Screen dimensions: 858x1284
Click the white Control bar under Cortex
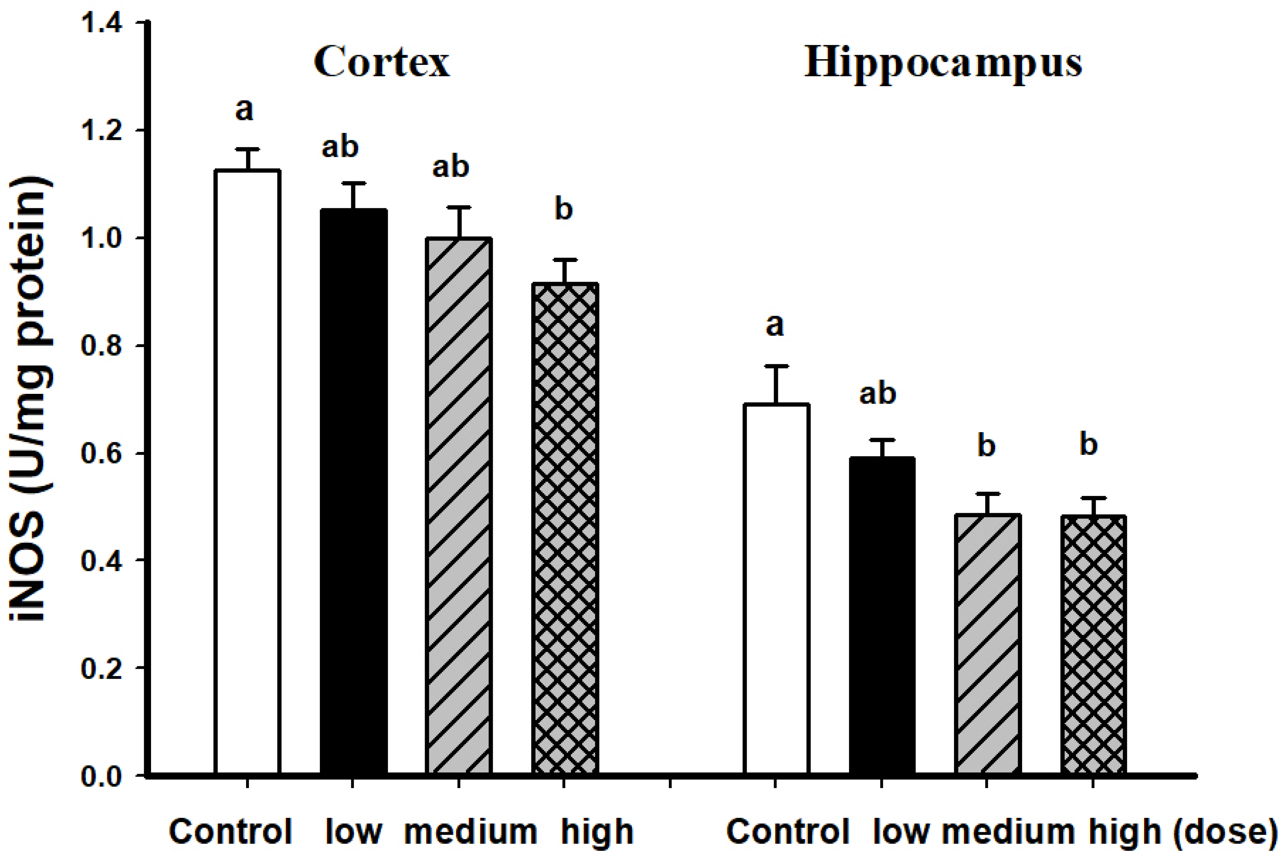[x=247, y=471]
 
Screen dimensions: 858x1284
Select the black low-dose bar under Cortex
[x=354, y=492]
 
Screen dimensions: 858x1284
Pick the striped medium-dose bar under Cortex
[x=459, y=506]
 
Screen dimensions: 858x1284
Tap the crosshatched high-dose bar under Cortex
[x=565, y=528]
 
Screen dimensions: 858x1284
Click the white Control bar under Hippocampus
[x=776, y=588]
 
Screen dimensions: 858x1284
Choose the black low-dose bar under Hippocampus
[x=882, y=616]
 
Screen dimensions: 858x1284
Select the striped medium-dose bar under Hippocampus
[x=987, y=645]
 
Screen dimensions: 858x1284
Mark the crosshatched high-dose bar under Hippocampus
[x=1093, y=645]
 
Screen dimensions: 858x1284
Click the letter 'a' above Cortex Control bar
[x=244, y=109]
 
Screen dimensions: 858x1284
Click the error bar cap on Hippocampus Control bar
[x=776, y=366]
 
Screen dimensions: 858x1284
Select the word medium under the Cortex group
[x=470, y=832]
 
